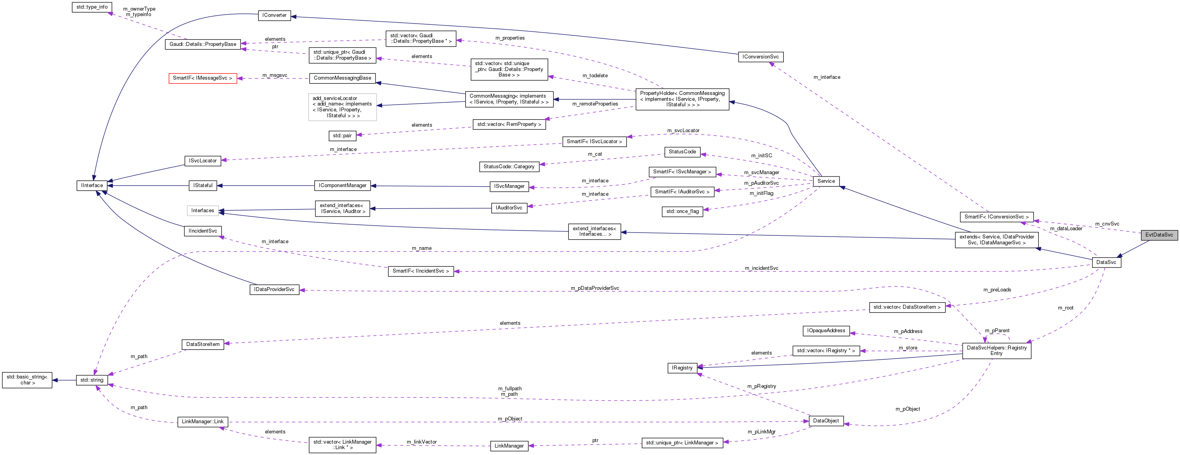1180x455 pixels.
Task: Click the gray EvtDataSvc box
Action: [1159, 235]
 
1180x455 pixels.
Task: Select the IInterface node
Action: [92, 185]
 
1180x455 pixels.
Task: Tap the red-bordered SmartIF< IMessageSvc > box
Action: [202, 78]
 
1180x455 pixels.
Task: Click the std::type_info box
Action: [92, 7]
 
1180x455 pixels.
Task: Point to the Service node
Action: [826, 181]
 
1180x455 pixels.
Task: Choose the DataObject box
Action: [826, 420]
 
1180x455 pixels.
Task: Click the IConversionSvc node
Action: [760, 57]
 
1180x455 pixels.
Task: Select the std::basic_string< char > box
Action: [27, 380]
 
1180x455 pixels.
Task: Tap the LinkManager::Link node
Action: [202, 422]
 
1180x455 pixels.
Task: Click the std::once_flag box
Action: [682, 211]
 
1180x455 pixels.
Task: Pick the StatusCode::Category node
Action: [509, 167]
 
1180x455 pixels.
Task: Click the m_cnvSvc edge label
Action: [1107, 224]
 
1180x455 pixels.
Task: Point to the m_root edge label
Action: [1065, 308]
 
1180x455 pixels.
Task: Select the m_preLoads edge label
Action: [997, 289]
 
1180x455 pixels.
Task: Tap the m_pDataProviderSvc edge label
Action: [595, 288]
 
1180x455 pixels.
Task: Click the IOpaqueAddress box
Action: [826, 330]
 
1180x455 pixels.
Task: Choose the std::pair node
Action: [342, 136]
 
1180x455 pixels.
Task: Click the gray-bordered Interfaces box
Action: [202, 211]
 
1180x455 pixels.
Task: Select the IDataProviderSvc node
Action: [274, 289]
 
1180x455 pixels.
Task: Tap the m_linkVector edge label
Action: [421, 442]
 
